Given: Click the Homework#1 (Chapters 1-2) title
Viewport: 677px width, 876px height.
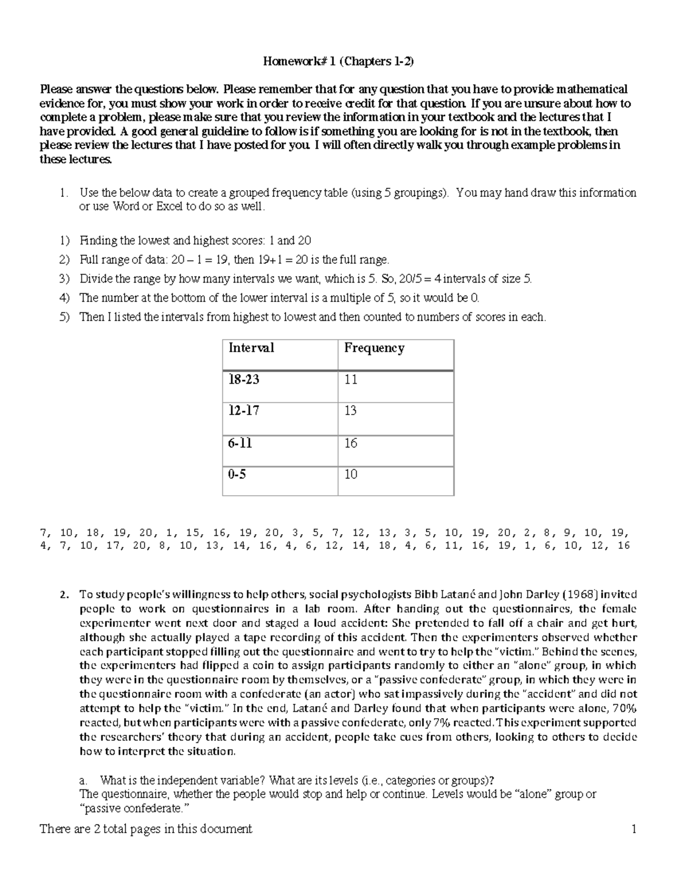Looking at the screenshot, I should click(338, 61).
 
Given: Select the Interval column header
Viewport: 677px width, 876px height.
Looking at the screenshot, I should click(251, 348).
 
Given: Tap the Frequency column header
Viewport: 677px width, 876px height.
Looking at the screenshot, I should click(374, 348).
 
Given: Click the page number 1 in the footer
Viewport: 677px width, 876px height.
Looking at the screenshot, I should click(634, 829).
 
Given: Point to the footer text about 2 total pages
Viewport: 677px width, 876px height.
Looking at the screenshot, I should click(146, 829).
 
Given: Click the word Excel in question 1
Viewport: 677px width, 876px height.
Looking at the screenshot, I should click(170, 206).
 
